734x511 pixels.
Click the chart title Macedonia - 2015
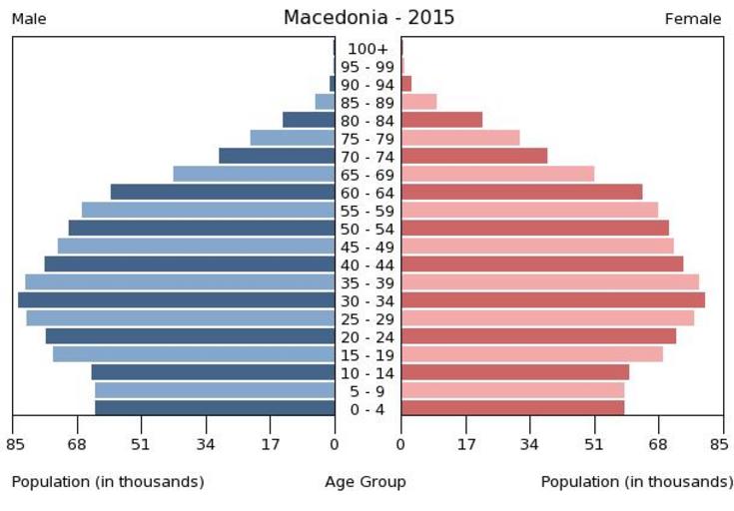368,17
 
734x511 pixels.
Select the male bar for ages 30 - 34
176,299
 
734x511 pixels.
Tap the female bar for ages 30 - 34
552,299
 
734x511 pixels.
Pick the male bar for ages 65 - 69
254,174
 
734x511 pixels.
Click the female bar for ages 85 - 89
418,101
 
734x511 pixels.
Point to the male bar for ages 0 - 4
215,408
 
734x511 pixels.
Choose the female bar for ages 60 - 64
521,192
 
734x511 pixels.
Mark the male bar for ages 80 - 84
309,120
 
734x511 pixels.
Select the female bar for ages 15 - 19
531,354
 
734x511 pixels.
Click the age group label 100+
367,49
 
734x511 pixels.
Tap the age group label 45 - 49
367,247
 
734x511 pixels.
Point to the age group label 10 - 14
367,373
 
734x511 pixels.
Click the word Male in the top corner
29,19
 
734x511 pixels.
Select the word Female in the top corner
693,19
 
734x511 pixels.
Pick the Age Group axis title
366,482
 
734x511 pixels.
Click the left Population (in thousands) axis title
108,482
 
